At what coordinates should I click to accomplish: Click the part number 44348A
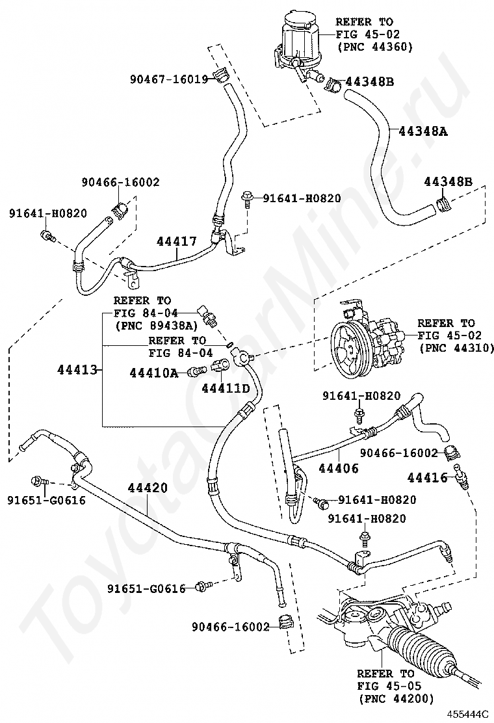point(422,131)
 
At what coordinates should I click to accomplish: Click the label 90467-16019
point(168,79)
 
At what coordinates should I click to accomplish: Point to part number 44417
point(177,241)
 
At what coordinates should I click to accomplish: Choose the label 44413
point(77,369)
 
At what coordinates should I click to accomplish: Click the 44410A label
point(153,373)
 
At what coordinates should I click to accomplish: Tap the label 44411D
point(226,388)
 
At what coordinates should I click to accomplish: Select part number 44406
point(338,468)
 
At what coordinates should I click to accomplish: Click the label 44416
point(427,477)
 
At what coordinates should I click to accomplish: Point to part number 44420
point(148,488)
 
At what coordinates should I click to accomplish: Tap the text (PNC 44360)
point(374,47)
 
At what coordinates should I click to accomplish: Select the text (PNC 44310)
point(456,348)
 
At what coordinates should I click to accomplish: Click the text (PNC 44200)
point(396,699)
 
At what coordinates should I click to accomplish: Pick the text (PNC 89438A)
point(156,326)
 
